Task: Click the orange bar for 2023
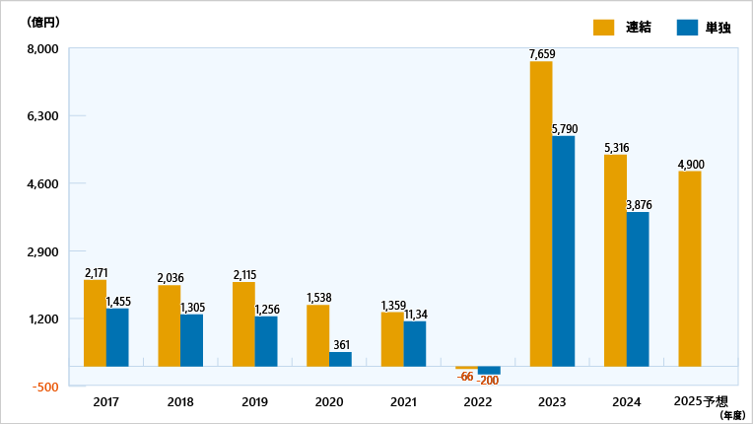tap(540, 213)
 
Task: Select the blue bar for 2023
tap(564, 250)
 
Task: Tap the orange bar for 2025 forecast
tap(689, 268)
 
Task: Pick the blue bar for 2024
tap(638, 289)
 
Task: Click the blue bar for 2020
tap(340, 359)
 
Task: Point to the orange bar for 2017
tap(95, 322)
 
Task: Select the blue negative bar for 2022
tap(489, 371)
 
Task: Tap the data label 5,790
tap(565, 129)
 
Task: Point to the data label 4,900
tap(690, 164)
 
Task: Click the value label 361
tap(341, 344)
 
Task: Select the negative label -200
tap(488, 381)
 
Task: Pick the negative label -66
tap(465, 376)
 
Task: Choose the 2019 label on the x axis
tap(254, 402)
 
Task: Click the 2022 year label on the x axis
tap(477, 402)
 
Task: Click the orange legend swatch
tap(604, 27)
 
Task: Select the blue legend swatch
tap(687, 27)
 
